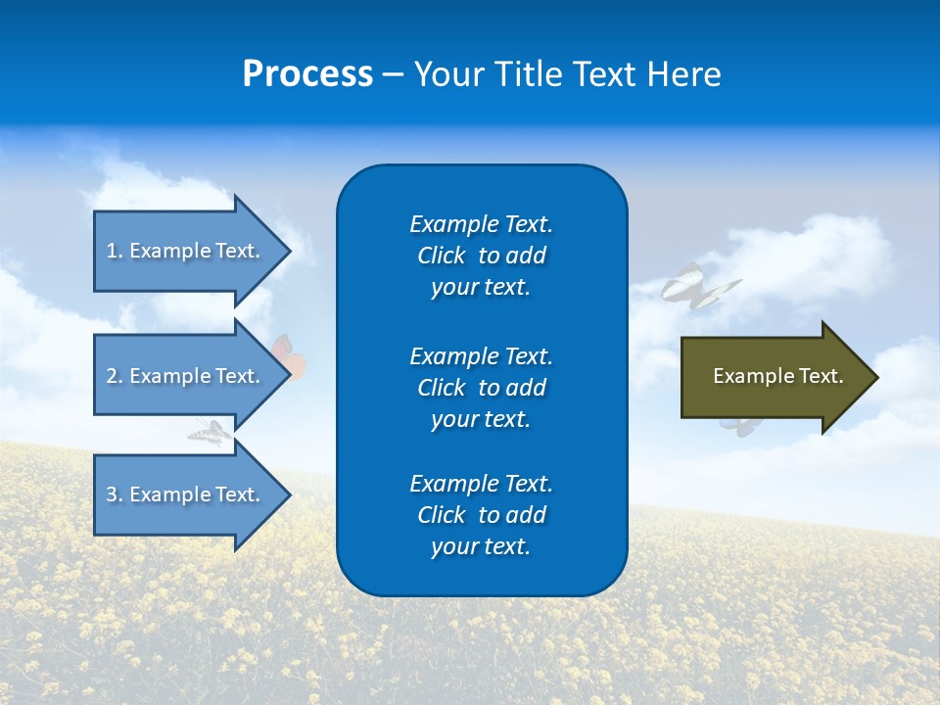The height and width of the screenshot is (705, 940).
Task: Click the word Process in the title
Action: pyautogui.click(x=307, y=74)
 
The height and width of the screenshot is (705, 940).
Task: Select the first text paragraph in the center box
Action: pyautogui.click(x=481, y=256)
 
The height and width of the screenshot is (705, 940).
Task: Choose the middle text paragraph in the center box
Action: pyautogui.click(x=481, y=387)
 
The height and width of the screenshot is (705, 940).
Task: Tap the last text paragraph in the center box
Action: pyautogui.click(x=481, y=515)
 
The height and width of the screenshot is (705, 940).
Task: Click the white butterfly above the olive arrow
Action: pyautogui.click(x=697, y=286)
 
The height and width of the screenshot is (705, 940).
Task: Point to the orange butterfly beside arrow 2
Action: pyautogui.click(x=290, y=358)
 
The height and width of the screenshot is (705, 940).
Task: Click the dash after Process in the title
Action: pyautogui.click(x=393, y=75)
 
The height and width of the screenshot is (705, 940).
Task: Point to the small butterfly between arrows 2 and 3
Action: pyautogui.click(x=210, y=432)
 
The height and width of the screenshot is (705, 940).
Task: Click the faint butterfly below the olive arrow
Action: pyautogui.click(x=740, y=424)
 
